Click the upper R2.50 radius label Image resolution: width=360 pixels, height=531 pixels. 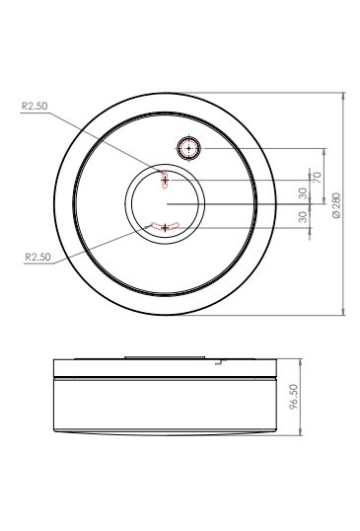click(x=35, y=106)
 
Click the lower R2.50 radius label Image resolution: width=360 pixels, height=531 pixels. click(x=37, y=257)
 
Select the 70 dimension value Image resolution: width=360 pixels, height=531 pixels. click(x=317, y=178)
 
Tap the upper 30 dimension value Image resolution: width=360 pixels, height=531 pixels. click(x=303, y=193)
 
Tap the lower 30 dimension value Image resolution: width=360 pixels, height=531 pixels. click(x=303, y=217)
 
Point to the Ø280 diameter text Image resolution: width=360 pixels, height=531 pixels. click(x=336, y=205)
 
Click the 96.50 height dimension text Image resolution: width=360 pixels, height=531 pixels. click(x=294, y=397)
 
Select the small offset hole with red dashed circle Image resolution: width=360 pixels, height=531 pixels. click(x=188, y=148)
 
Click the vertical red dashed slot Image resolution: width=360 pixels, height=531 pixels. click(x=165, y=180)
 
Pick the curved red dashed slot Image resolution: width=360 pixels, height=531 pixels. click(x=165, y=226)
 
